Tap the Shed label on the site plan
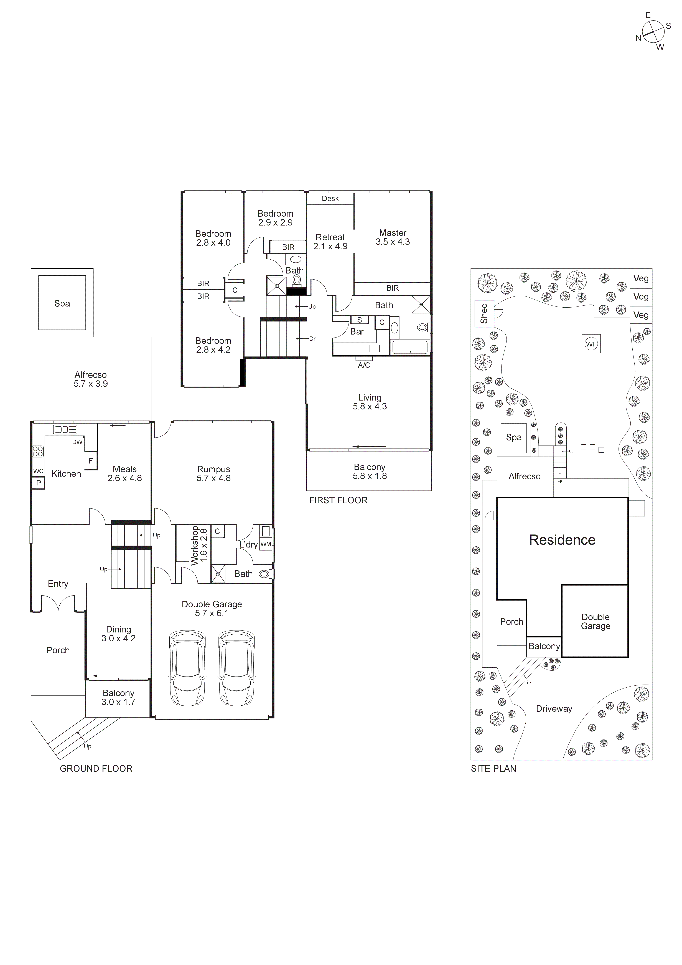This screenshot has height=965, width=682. (x=484, y=313)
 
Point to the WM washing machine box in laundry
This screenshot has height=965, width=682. (x=266, y=544)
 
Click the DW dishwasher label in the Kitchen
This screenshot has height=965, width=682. (x=77, y=442)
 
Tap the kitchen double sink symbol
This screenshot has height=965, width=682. (x=65, y=429)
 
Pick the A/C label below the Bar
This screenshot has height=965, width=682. (x=364, y=365)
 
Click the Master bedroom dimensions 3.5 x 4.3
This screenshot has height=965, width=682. (x=393, y=242)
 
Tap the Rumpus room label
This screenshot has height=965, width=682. (x=213, y=469)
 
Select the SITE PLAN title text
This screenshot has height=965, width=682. (x=493, y=768)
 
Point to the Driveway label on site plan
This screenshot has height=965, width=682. (x=554, y=709)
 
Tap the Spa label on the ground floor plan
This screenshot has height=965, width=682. (x=62, y=303)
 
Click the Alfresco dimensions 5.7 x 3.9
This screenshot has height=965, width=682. (x=91, y=384)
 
